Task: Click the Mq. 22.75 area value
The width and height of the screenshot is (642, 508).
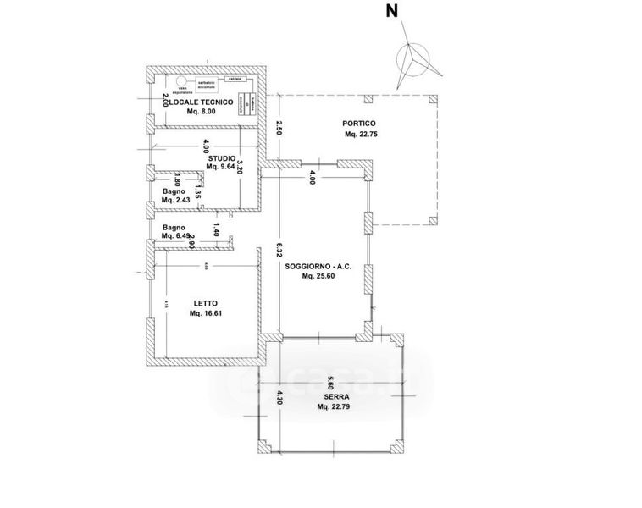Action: (361, 135)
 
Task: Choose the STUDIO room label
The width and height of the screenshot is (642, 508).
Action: (221, 157)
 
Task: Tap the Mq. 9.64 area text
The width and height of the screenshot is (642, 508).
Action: (221, 167)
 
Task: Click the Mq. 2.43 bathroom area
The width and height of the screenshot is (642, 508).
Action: (175, 201)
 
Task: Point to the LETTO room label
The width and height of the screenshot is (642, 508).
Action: (205, 304)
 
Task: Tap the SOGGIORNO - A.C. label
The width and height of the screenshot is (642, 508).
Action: (322, 267)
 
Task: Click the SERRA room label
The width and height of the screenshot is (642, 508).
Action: (334, 396)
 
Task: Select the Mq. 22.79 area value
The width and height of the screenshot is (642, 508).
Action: (334, 406)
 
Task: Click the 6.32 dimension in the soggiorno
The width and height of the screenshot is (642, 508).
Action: (277, 251)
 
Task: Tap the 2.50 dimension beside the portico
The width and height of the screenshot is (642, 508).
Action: (277, 129)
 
